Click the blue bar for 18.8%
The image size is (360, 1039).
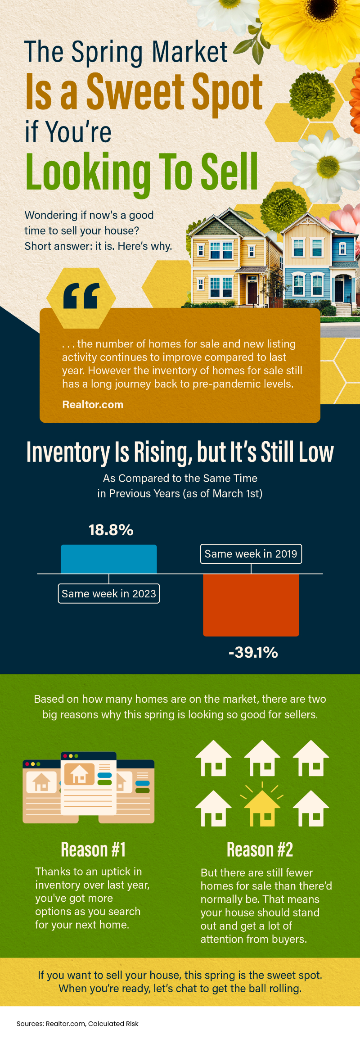tap(109, 559)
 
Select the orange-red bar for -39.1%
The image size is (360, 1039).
tap(251, 605)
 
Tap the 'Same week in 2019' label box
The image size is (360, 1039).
tap(251, 554)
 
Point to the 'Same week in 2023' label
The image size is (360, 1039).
tap(109, 594)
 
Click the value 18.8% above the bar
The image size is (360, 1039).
tap(111, 530)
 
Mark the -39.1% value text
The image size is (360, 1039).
tap(253, 652)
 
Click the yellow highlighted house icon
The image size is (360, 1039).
tap(262, 809)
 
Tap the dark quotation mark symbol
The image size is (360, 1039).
tap(81, 297)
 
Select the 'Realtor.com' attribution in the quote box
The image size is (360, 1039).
tap(93, 404)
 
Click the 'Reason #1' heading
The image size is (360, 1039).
tap(93, 850)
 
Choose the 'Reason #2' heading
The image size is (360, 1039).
tap(260, 850)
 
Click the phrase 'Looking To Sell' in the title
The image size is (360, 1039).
tap(142, 172)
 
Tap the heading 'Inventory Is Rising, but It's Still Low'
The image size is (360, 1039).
tap(180, 452)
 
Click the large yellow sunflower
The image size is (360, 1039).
tap(310, 27)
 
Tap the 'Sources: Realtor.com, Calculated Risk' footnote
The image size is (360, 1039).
tap(77, 1023)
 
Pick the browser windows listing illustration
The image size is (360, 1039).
tap(89, 788)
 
